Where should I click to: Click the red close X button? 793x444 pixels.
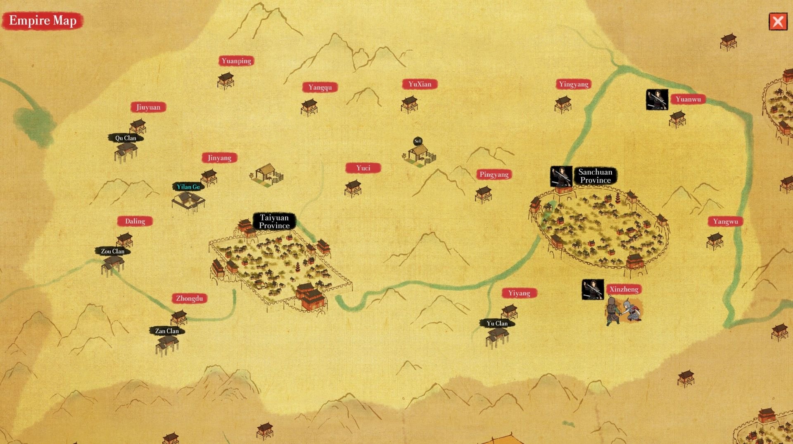click(x=778, y=21)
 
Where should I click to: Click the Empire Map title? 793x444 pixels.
click(x=43, y=21)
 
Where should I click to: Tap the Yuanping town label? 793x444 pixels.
click(x=236, y=61)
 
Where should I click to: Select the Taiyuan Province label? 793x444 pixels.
click(x=274, y=221)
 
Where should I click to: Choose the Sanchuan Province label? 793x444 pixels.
click(x=595, y=176)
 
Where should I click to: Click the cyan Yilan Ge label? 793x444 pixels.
click(x=188, y=187)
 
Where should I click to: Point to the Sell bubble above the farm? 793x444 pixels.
click(x=418, y=141)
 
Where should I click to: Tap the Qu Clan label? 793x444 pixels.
click(x=126, y=138)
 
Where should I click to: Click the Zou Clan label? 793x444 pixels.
click(x=113, y=251)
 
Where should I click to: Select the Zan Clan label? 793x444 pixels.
click(x=167, y=331)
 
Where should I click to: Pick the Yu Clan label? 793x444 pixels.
click(x=497, y=323)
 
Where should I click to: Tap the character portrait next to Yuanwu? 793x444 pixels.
click(x=657, y=100)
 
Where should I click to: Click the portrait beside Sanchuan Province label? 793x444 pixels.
click(x=561, y=176)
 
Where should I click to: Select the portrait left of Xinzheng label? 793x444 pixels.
click(x=593, y=290)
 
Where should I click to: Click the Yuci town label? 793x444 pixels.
click(x=363, y=168)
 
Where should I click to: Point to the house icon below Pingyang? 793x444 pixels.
click(x=483, y=194)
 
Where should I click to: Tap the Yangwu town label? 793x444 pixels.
click(x=725, y=221)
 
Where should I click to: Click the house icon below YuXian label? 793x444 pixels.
click(x=409, y=104)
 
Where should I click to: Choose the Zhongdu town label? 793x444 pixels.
click(x=189, y=298)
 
